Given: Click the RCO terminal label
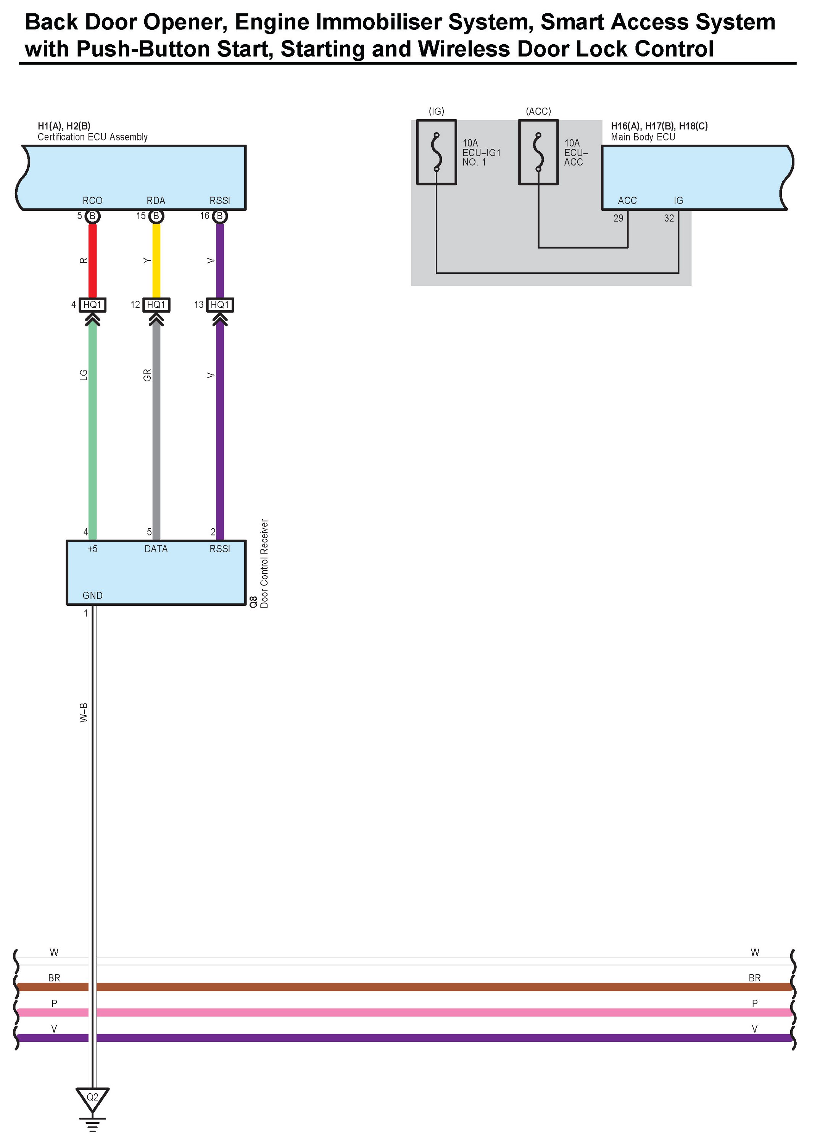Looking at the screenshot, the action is [92, 200].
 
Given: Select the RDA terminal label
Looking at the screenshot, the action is [156, 200].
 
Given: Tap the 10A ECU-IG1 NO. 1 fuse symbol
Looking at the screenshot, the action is [436, 152].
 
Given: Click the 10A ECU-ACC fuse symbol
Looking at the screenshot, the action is [538, 152].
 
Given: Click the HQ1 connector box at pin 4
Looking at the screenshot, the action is [92, 305].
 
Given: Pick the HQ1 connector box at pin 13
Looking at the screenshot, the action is [220, 305].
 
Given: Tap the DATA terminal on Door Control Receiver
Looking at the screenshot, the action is [156, 549].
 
